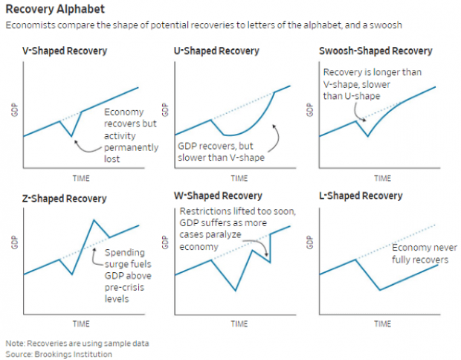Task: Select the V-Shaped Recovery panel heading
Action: (65, 52)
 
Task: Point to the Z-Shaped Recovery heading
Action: (65, 199)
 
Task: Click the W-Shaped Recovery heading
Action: (217, 196)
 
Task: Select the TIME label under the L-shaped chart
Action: (381, 324)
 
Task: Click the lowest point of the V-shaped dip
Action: (71, 136)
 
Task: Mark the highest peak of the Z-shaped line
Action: (94, 219)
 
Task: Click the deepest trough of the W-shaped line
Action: (236, 290)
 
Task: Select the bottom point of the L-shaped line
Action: (380, 289)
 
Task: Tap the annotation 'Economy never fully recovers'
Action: (420, 254)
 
